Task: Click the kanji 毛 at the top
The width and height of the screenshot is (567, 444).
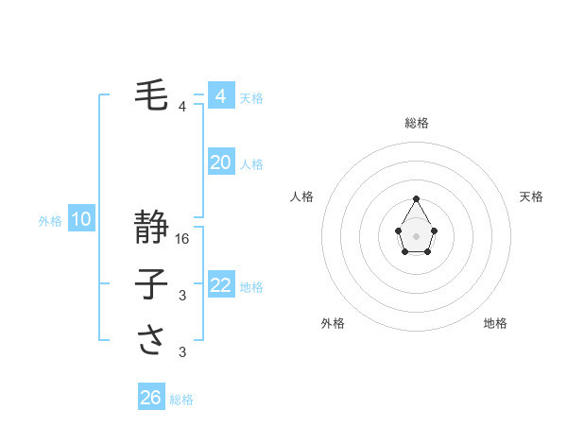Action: point(152,95)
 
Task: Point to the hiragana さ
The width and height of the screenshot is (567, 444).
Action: point(152,340)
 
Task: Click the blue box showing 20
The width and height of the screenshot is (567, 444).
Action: point(221,162)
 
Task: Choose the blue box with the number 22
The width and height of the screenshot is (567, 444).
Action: point(221,285)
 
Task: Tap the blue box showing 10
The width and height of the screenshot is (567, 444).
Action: point(81,220)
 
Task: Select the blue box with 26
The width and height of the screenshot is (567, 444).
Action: point(151,398)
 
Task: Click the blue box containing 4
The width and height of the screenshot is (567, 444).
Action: point(221,96)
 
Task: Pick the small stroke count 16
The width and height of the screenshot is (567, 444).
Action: point(183,239)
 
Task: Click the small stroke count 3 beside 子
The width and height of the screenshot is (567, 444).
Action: point(182,296)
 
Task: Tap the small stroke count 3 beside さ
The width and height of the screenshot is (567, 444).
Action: point(182,352)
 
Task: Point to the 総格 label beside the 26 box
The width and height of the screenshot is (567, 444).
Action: point(181,400)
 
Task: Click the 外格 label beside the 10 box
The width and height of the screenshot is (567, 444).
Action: point(50,221)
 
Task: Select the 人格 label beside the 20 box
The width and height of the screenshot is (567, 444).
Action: point(251,164)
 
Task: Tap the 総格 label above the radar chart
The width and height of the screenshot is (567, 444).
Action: point(416,123)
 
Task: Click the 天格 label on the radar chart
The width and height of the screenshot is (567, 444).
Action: point(532,196)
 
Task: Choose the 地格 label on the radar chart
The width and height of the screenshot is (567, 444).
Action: point(495,323)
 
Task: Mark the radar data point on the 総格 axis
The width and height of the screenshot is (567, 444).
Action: point(416,198)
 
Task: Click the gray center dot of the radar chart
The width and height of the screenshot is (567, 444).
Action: point(416,235)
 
